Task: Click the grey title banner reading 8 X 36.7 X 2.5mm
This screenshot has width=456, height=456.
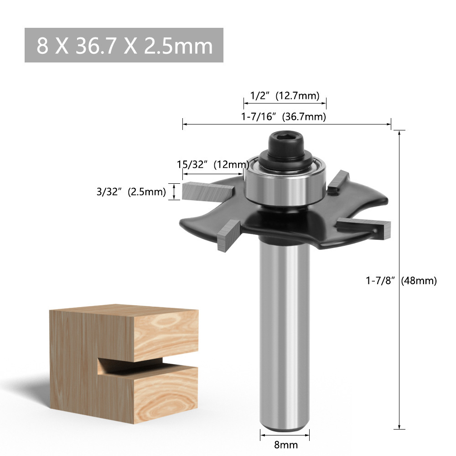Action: point(124,45)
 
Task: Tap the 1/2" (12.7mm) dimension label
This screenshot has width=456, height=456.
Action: point(285,95)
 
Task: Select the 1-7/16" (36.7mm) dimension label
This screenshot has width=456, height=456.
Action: point(283,117)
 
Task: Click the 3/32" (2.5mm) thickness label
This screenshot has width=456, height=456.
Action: point(131,192)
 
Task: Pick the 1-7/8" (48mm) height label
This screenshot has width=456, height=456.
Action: point(401,281)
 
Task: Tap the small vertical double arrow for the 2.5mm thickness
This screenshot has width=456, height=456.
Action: point(174,192)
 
